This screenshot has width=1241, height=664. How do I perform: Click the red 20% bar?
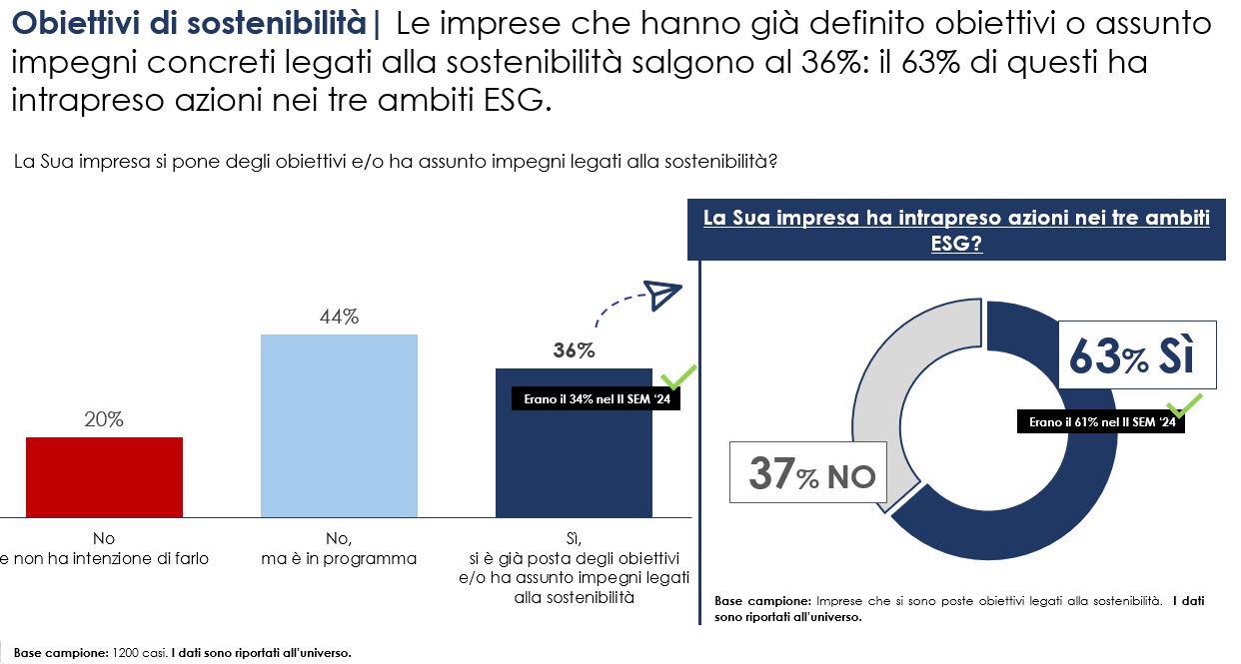tap(104, 476)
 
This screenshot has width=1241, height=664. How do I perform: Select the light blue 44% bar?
tap(339, 425)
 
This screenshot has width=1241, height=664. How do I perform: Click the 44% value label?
tap(339, 318)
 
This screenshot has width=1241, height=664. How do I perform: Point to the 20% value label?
tap(104, 420)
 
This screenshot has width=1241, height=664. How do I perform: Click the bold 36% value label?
tap(574, 351)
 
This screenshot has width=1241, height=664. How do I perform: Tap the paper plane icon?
tap(661, 295)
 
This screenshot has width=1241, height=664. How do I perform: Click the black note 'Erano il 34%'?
tap(596, 399)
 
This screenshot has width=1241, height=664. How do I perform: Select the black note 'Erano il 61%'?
tap(1101, 422)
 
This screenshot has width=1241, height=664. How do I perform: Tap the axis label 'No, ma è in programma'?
tap(339, 549)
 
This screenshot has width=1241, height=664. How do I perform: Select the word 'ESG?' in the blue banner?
tap(956, 243)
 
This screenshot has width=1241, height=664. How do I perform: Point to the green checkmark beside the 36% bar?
tap(679, 378)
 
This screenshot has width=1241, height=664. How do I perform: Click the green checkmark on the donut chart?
tap(1186, 404)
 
